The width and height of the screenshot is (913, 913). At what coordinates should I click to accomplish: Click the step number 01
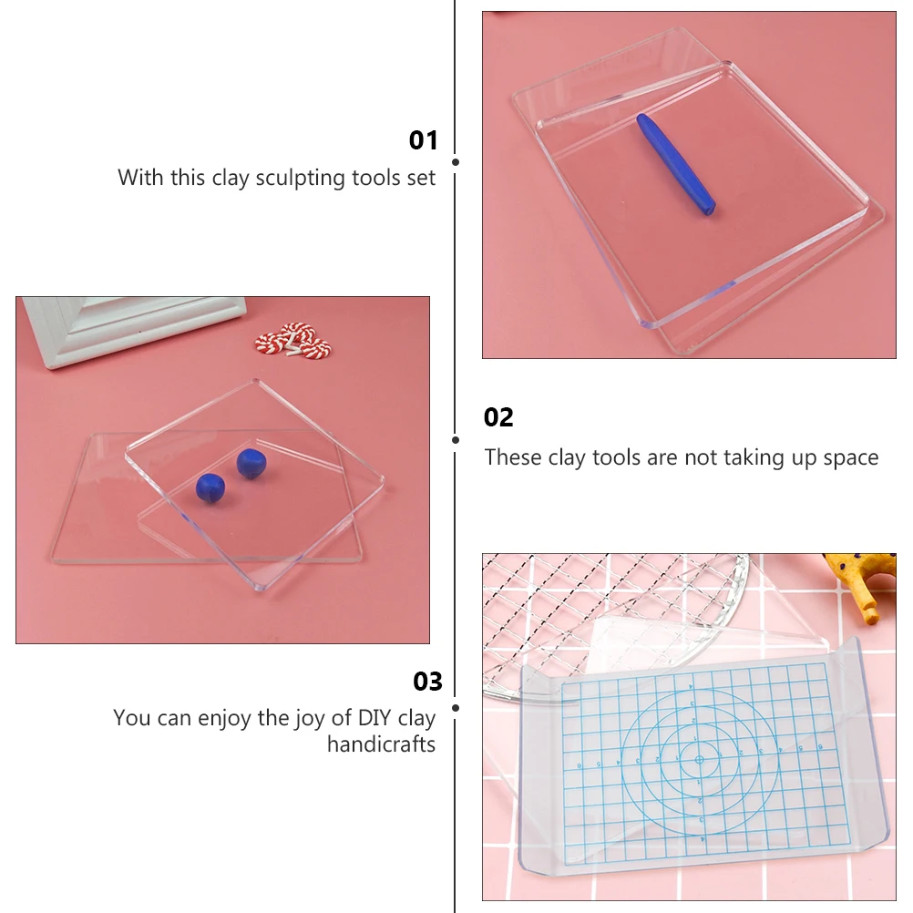tap(423, 140)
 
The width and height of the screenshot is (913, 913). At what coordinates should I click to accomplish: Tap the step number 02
tap(498, 417)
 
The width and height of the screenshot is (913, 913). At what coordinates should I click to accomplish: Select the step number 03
tap(427, 682)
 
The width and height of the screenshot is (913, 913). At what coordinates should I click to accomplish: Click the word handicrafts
tap(381, 744)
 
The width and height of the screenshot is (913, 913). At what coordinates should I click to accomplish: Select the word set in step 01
tap(421, 178)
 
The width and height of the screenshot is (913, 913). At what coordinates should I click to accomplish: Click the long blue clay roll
tap(675, 164)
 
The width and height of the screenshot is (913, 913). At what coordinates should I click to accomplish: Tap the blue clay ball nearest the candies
tap(251, 463)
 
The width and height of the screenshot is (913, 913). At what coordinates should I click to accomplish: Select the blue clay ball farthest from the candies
tap(210, 488)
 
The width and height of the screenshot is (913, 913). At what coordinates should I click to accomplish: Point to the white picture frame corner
tap(128, 328)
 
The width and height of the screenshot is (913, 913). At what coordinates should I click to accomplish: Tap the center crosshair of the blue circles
tap(699, 758)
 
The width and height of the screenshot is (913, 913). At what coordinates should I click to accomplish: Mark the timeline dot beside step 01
tap(455, 162)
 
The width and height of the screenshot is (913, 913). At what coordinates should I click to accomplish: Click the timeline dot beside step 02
tap(455, 439)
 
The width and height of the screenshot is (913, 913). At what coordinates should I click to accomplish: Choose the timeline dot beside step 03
tap(455, 706)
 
